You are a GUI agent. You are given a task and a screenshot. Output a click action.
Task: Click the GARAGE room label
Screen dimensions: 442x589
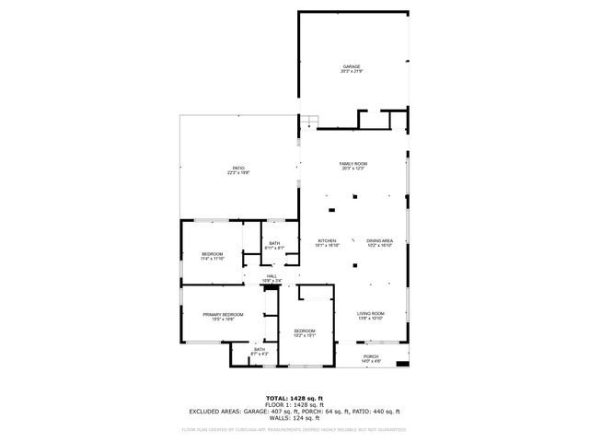352,66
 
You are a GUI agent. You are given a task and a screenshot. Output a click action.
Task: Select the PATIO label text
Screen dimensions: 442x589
238,168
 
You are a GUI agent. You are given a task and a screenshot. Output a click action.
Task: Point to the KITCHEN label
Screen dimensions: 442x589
328,241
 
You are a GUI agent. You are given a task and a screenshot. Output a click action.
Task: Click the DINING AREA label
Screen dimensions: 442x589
380,241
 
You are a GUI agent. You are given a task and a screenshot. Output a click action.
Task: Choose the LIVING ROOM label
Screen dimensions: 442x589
371,314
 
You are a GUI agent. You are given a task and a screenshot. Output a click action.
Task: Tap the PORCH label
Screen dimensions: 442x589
371,356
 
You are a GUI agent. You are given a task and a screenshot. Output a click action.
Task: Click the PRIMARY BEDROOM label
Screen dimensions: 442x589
224,315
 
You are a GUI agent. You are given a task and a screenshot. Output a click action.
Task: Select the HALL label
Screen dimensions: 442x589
272,275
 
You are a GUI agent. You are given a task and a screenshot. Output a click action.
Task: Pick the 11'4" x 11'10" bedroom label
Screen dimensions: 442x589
213,253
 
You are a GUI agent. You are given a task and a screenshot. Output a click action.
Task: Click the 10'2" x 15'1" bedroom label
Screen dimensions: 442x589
305,331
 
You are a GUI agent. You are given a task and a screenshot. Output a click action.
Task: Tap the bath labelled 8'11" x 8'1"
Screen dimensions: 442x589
275,243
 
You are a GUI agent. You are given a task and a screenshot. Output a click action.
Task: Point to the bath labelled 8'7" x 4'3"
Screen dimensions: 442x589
260,349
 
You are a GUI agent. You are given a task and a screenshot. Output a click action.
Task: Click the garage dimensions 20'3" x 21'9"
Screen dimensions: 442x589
352,72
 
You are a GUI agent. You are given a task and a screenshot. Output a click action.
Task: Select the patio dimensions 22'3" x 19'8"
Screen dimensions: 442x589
238,173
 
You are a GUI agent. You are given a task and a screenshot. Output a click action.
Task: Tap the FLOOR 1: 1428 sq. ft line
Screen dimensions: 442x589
294,404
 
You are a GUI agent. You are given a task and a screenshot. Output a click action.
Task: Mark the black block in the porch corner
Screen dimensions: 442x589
401,364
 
